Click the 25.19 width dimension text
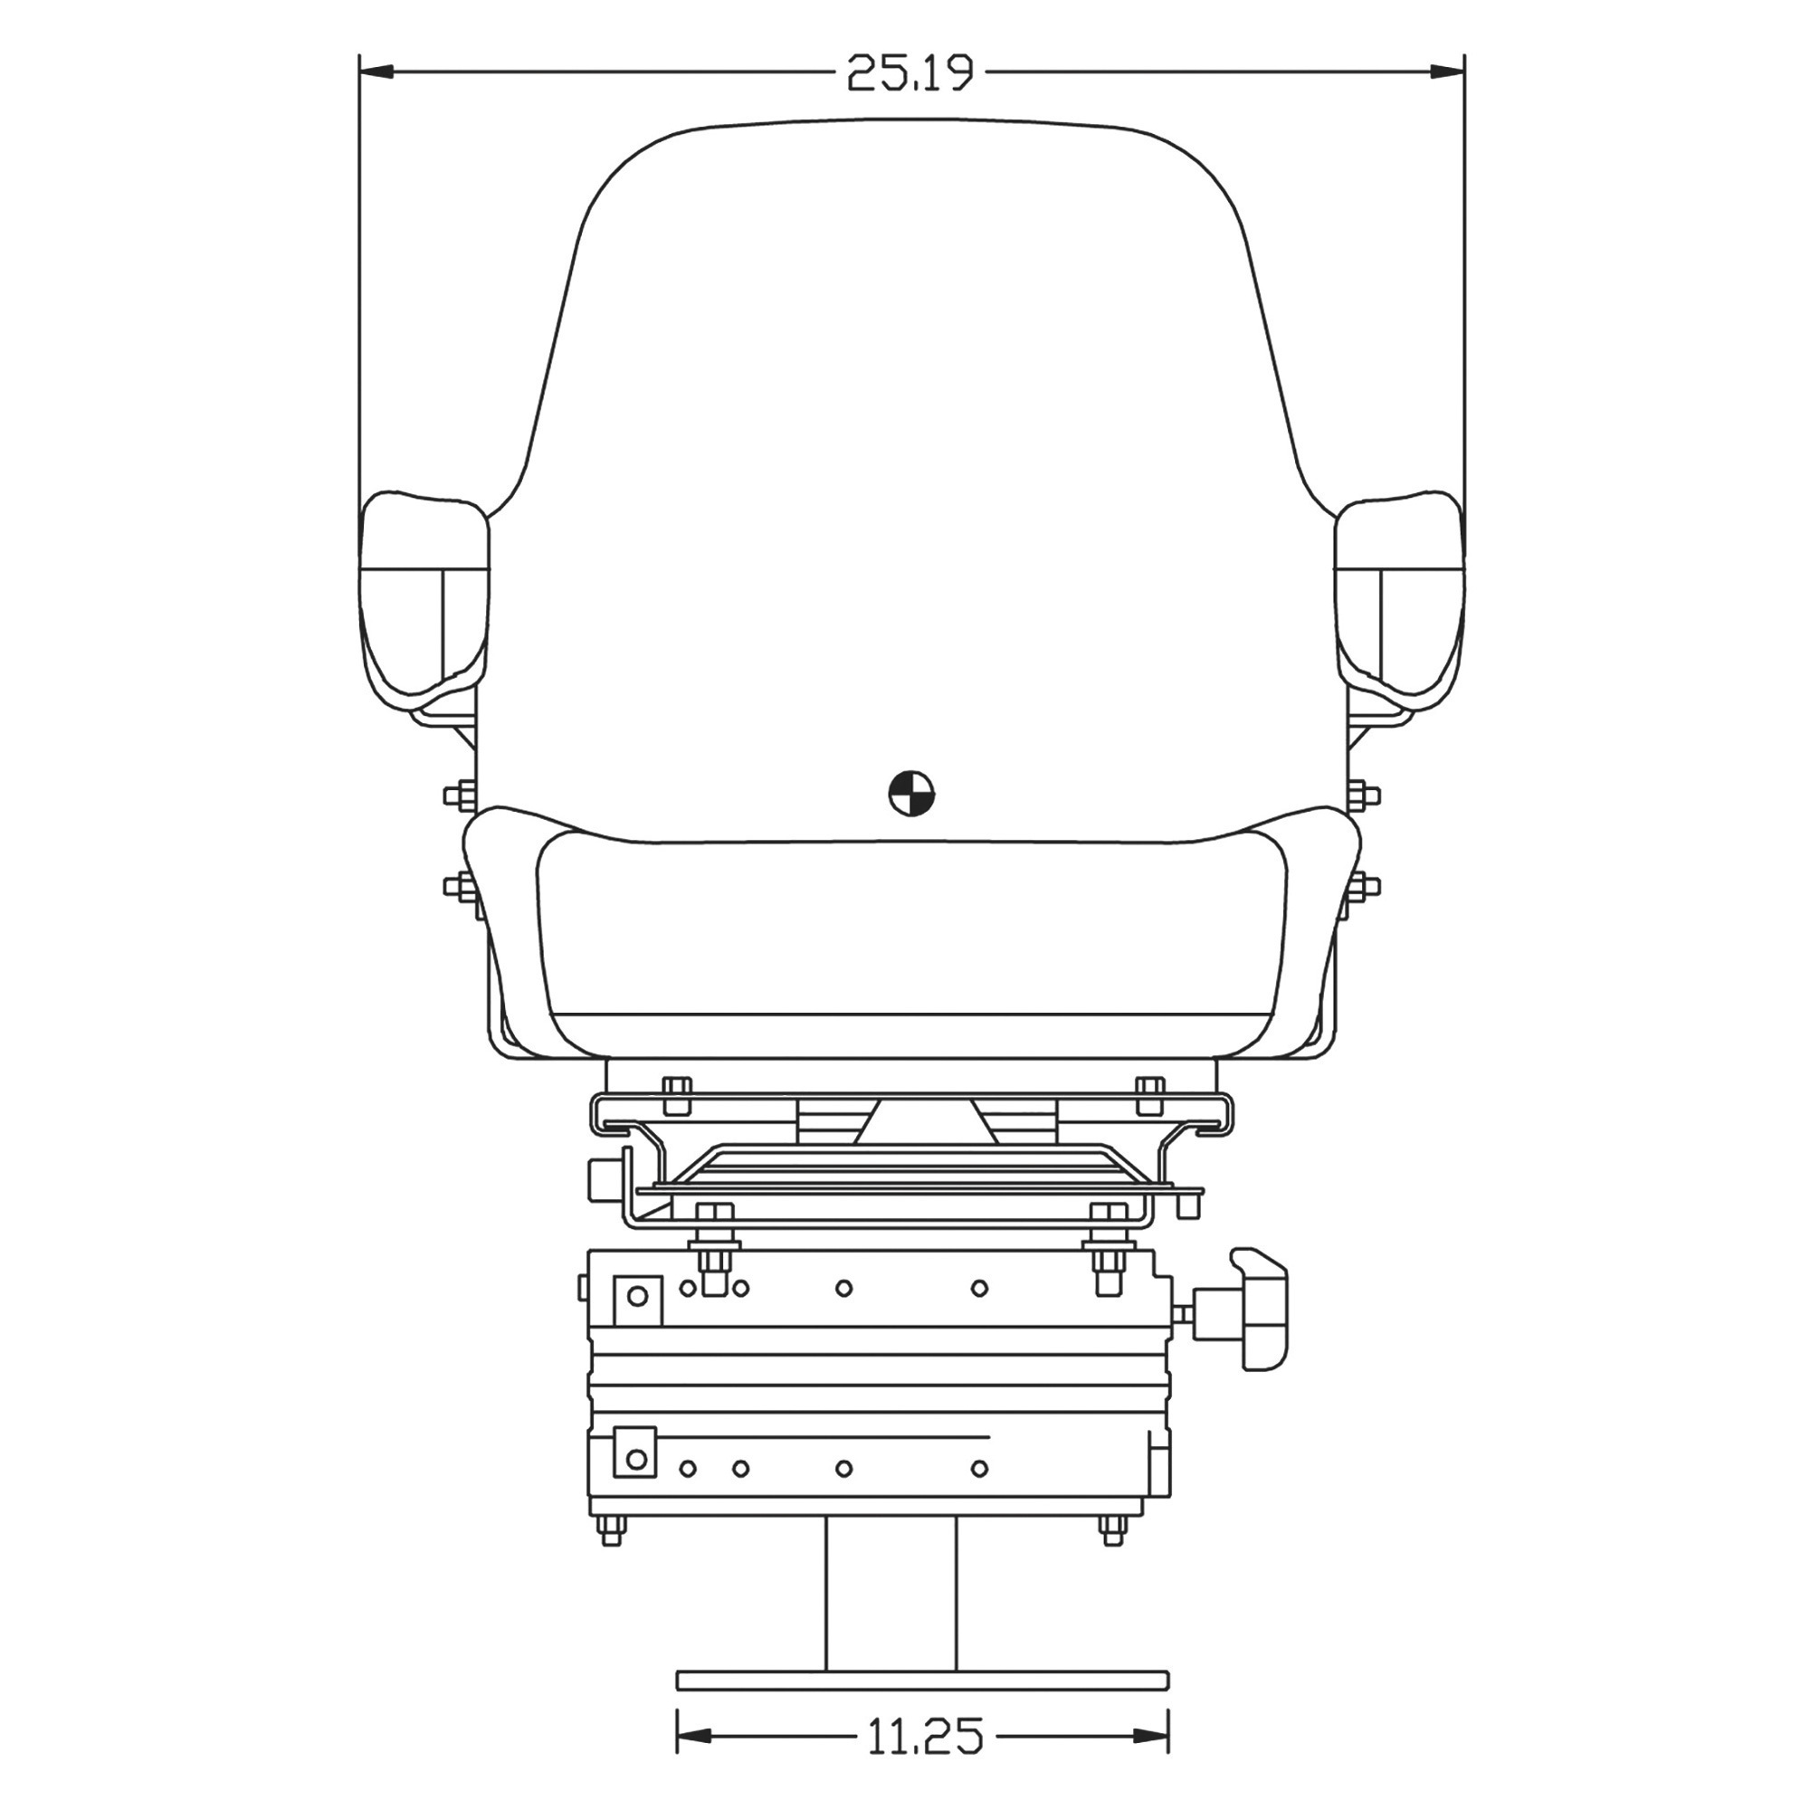(910, 72)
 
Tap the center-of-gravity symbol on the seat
(910, 794)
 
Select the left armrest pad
(424, 602)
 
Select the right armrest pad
(1399, 602)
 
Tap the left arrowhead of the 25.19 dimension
(375, 71)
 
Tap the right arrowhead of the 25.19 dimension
(1448, 71)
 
